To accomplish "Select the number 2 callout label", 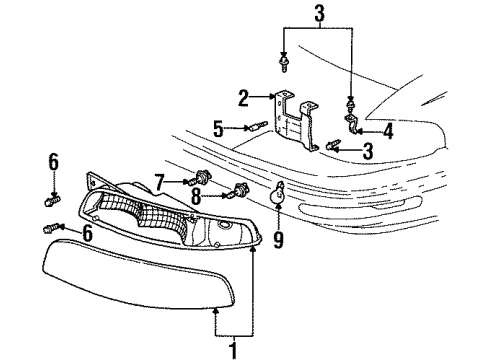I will (x=243, y=97).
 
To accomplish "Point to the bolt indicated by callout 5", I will (x=256, y=126).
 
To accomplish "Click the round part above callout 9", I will (x=279, y=196).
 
